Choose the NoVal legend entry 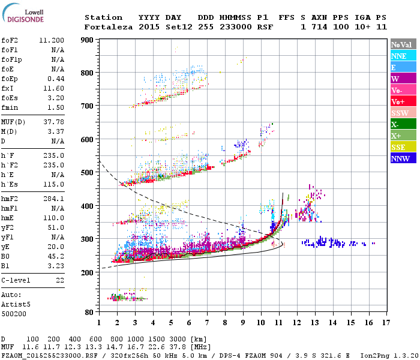coord(404,44)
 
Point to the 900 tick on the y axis coord(88,40)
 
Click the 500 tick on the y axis coord(88,173)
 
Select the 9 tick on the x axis coord(243,322)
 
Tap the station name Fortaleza coord(109,27)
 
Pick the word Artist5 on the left coord(16,304)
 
